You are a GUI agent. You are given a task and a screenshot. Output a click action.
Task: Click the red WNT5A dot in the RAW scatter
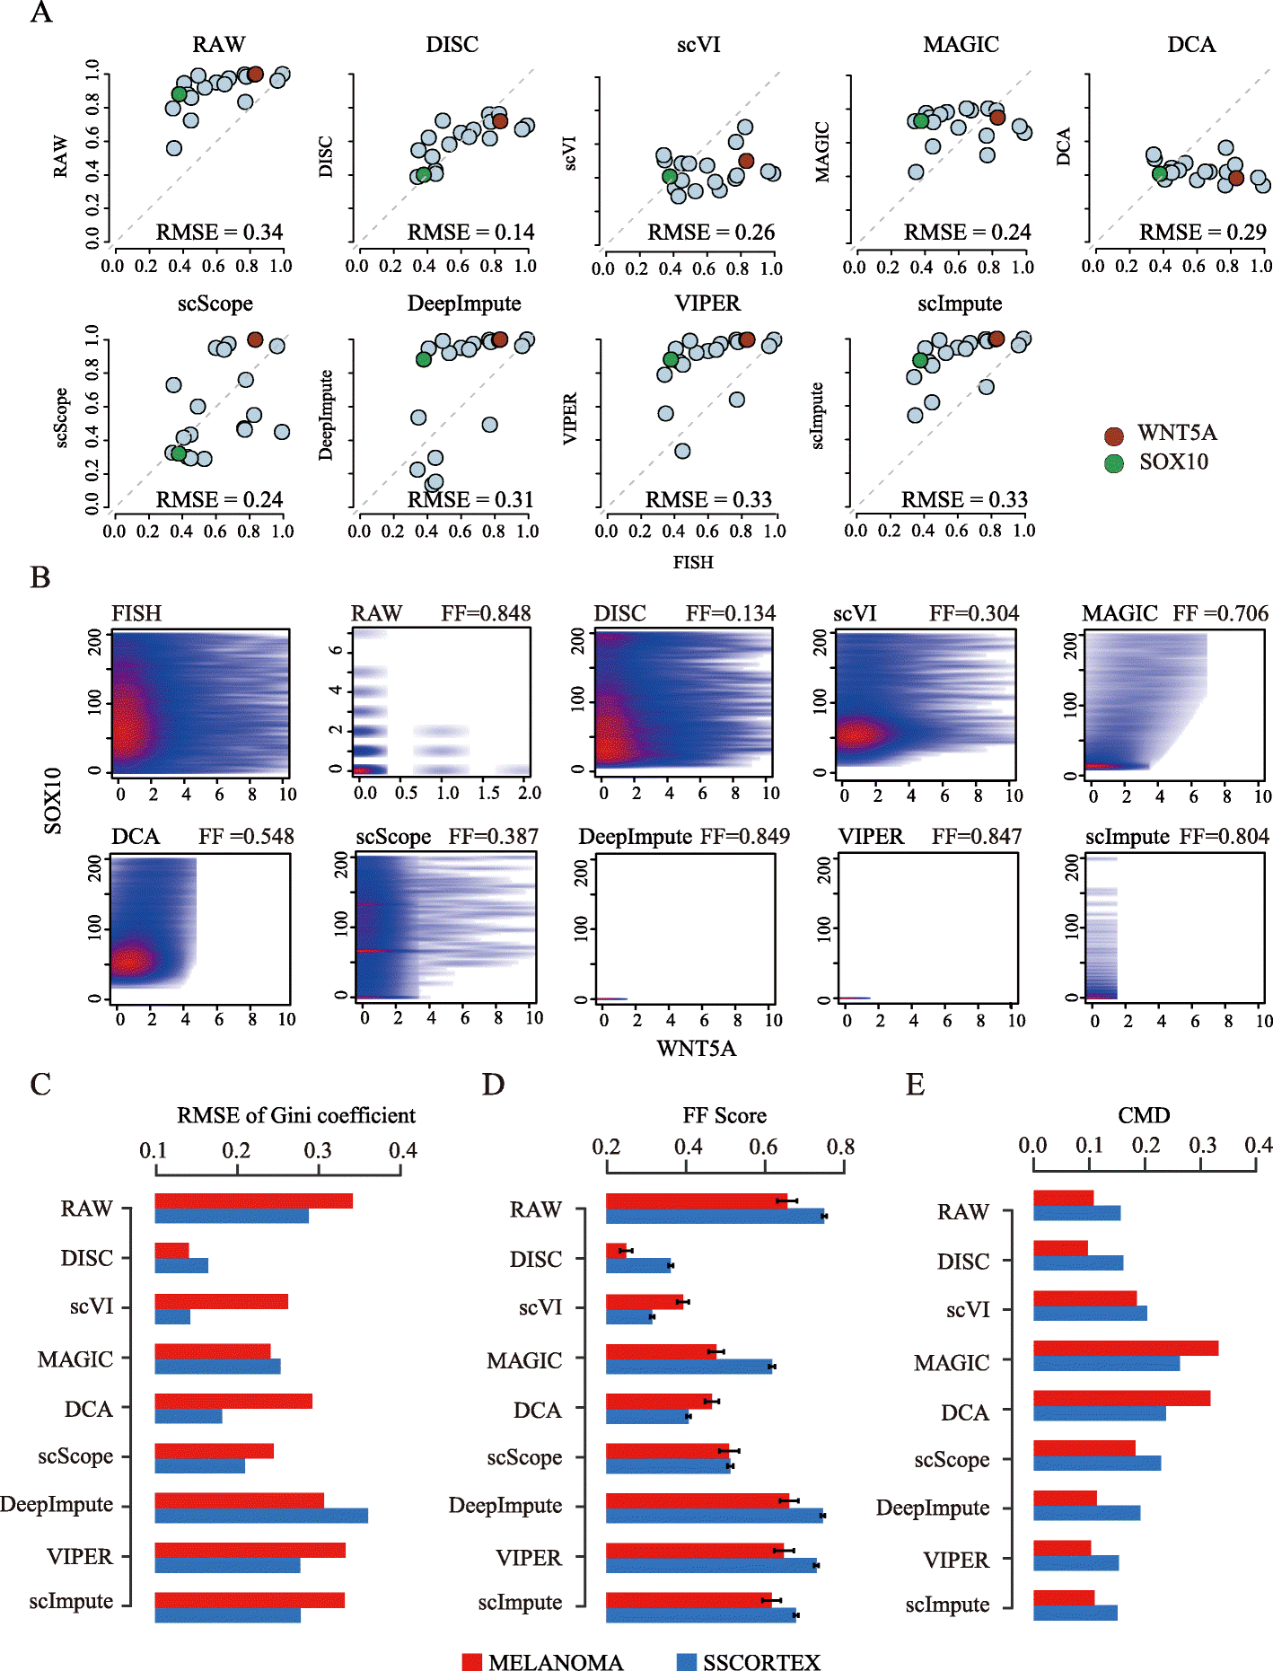point(255,75)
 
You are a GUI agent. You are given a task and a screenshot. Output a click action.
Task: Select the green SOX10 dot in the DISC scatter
point(424,175)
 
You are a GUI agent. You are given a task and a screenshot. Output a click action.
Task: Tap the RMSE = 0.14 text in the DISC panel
point(470,233)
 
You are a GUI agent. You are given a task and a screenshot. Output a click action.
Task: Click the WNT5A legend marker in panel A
point(1114,436)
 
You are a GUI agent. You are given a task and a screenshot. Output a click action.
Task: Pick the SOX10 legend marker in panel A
point(1114,463)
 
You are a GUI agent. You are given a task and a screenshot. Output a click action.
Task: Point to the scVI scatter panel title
point(698,45)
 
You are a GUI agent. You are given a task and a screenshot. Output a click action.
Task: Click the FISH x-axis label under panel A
point(693,562)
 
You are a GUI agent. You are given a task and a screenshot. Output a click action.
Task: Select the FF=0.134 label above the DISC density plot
point(730,613)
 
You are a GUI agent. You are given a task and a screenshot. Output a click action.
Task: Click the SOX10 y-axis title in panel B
point(53,800)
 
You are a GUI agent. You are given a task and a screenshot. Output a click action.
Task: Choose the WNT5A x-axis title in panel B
point(696,1049)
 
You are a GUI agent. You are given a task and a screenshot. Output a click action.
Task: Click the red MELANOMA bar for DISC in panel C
point(171,1250)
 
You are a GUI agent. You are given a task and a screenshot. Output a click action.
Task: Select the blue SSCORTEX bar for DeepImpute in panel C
point(260,1516)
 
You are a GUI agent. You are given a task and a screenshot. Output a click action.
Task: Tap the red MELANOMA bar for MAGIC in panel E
point(1125,1348)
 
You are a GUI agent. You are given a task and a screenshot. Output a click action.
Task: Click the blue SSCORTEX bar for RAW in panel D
point(715,1217)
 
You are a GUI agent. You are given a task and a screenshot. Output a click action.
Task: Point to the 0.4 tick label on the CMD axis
point(1258,1145)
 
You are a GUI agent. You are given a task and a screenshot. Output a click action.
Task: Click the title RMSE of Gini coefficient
point(295,1115)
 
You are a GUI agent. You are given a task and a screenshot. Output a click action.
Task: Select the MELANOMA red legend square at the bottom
point(472,1662)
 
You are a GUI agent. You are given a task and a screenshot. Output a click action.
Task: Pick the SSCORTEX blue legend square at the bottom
point(687,1662)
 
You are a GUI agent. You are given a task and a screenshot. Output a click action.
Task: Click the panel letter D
point(493,1085)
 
